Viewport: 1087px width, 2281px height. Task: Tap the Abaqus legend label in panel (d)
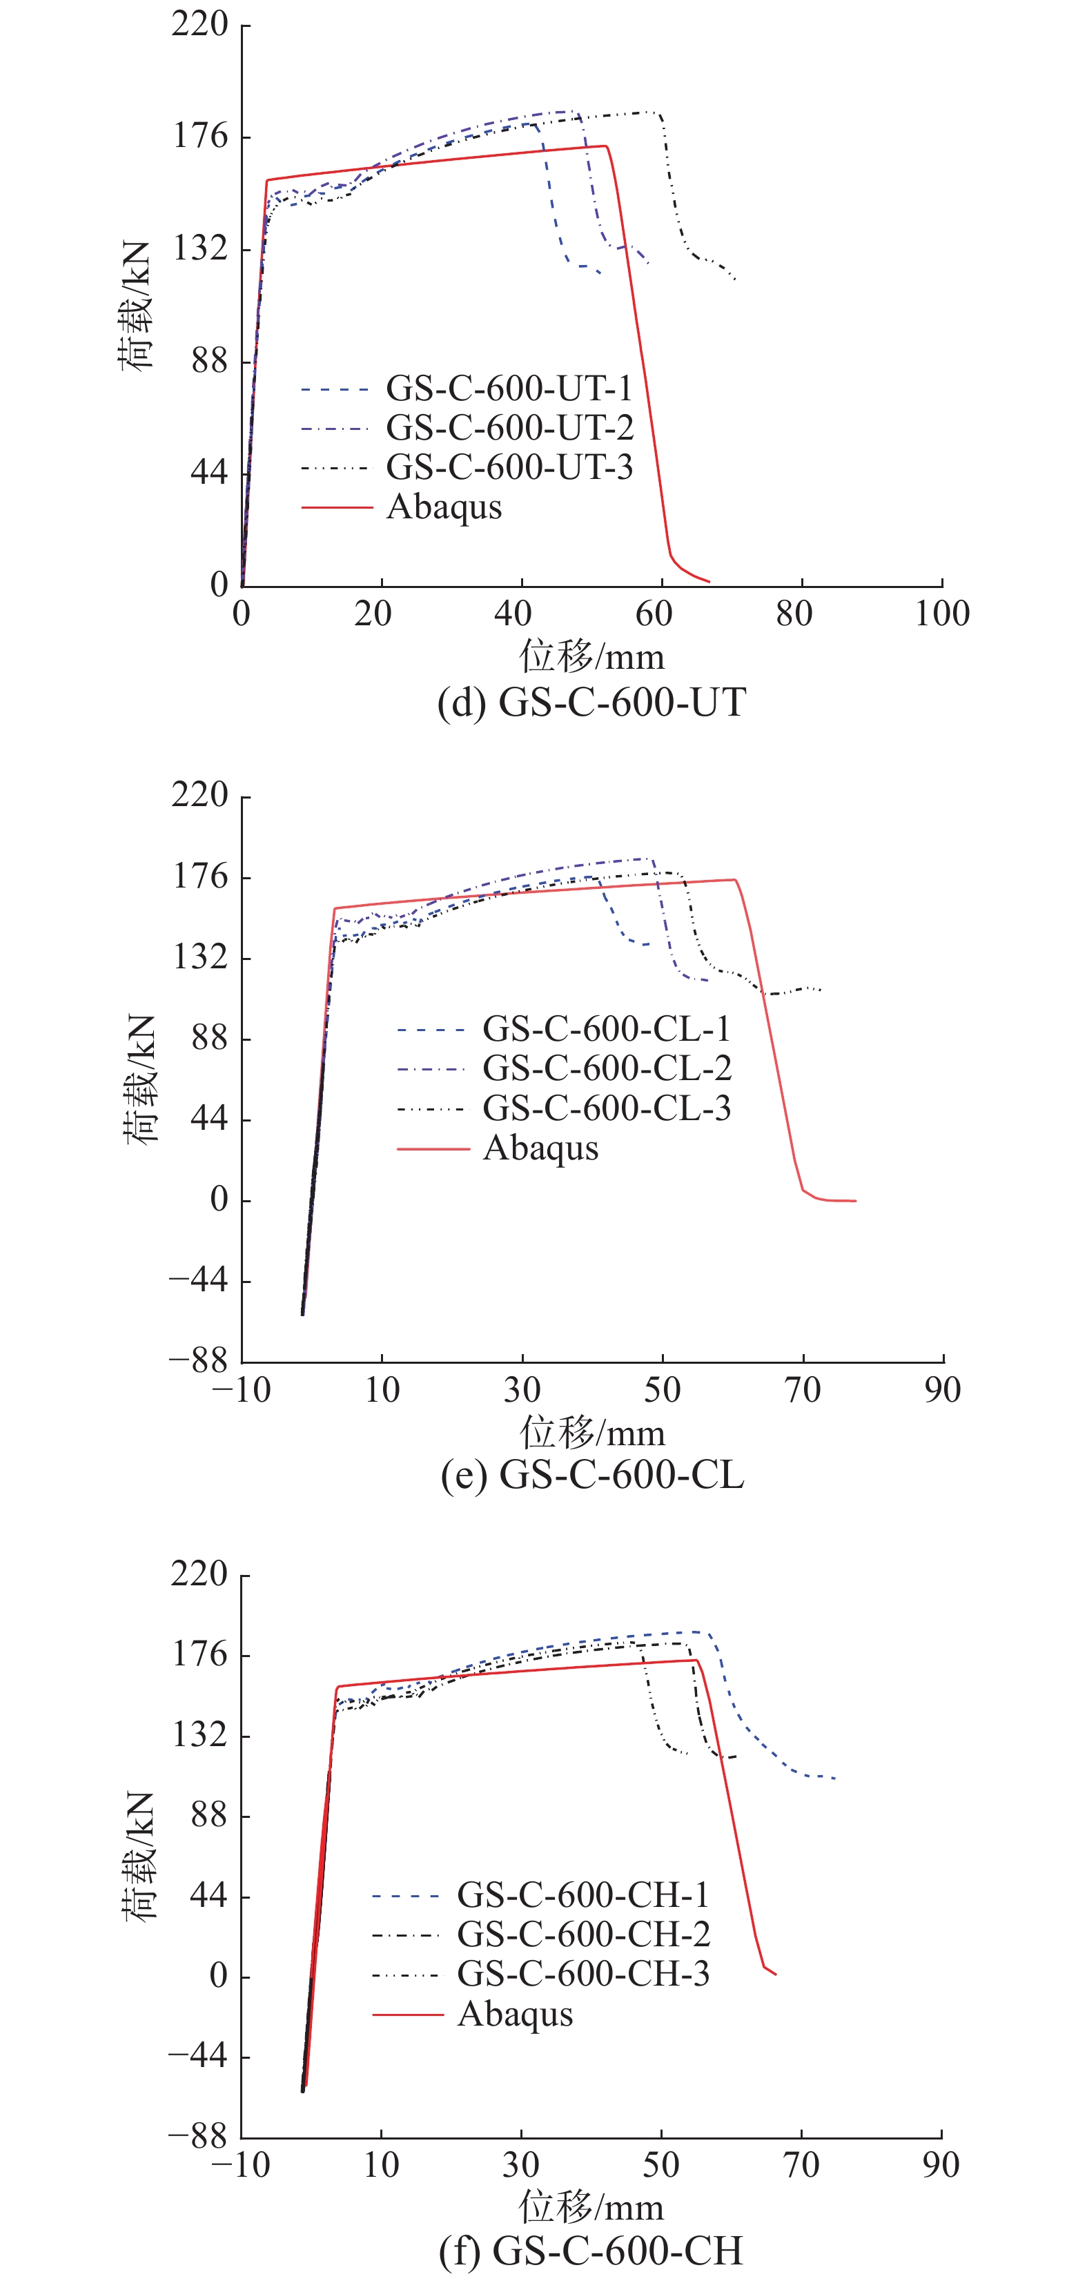click(x=444, y=507)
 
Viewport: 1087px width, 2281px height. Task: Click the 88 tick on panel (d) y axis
click(x=210, y=361)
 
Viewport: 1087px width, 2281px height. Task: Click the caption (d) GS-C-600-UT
click(x=591, y=702)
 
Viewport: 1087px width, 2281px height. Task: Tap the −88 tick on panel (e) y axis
click(x=198, y=1361)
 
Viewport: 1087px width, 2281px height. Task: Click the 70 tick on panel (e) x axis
click(x=803, y=1390)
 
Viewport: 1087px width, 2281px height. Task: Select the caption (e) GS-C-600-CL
click(x=592, y=1474)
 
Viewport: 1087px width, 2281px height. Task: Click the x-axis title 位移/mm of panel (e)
click(x=591, y=1433)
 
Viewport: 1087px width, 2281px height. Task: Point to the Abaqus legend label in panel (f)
click(x=515, y=2015)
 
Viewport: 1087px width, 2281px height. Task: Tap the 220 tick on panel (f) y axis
click(x=199, y=1574)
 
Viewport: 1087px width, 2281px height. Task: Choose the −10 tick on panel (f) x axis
click(x=241, y=2165)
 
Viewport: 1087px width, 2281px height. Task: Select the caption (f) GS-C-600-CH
click(x=591, y=2250)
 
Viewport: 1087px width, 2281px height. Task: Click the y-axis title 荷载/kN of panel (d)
click(x=137, y=306)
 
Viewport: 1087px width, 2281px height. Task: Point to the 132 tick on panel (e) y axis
click(x=199, y=958)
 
